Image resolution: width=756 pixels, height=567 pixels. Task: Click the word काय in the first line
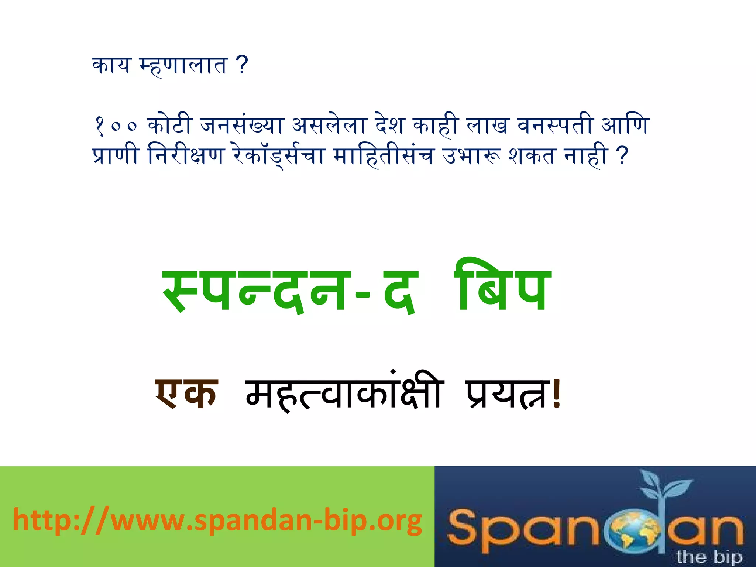pos(111,66)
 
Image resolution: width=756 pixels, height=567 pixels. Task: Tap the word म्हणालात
pos(182,66)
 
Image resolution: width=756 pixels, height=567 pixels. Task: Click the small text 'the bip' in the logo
pos(709,557)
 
